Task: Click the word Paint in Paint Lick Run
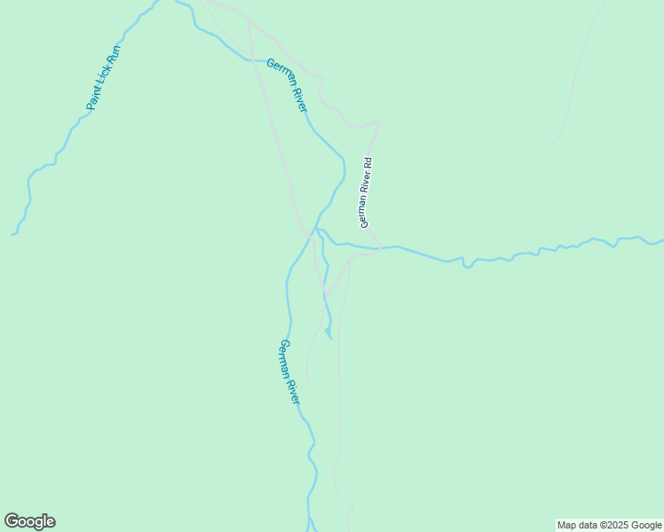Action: click(x=92, y=99)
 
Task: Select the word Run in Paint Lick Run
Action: click(x=114, y=56)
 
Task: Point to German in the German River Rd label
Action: click(x=364, y=213)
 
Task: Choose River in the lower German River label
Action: click(x=293, y=389)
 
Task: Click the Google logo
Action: click(x=29, y=521)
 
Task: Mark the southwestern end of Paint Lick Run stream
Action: click(x=12, y=235)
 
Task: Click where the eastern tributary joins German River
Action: click(x=317, y=229)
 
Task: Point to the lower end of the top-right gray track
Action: click(x=550, y=145)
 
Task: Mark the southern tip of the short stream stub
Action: click(x=329, y=338)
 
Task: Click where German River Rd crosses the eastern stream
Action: click(x=380, y=247)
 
